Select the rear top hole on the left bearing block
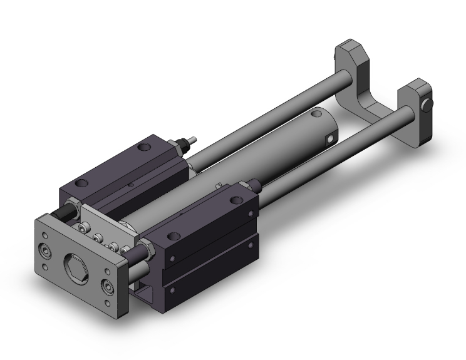coord(147,148)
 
